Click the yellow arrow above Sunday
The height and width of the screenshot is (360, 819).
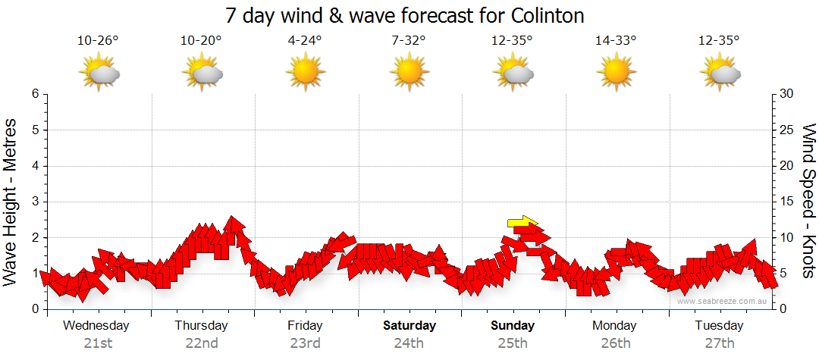tap(522, 222)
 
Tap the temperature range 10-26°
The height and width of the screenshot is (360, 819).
tap(98, 40)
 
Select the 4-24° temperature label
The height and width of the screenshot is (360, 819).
tap(305, 40)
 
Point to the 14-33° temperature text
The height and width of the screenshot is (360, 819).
tap(615, 40)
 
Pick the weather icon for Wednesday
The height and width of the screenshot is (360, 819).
tap(99, 73)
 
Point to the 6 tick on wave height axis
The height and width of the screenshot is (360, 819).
tap(34, 95)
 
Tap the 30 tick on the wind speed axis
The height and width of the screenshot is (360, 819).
tap(788, 95)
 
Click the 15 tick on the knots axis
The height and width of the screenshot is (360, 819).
tap(788, 202)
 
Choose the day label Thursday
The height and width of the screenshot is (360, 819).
tap(201, 326)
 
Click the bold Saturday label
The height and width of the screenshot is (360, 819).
tap(409, 326)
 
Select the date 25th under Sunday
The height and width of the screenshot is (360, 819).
tap(512, 343)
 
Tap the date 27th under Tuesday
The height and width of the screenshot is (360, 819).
tap(719, 343)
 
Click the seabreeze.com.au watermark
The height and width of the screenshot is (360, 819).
tap(722, 301)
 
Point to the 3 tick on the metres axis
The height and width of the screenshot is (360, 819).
tap(34, 202)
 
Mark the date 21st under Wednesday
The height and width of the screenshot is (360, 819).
tap(98, 343)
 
